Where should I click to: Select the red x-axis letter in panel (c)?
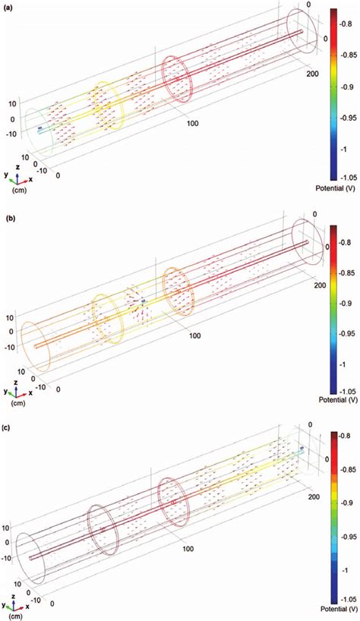[30, 604]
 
